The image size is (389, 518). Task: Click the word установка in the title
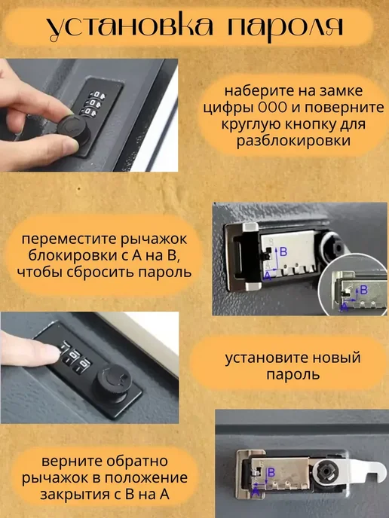pyautogui.click(x=130, y=27)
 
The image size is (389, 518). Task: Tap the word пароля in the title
pyautogui.click(x=285, y=27)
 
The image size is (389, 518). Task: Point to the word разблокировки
pyautogui.click(x=293, y=141)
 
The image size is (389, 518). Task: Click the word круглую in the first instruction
pyautogui.click(x=250, y=124)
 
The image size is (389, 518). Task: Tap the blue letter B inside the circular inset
pyautogui.click(x=364, y=290)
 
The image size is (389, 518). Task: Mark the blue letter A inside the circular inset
pyautogui.click(x=345, y=307)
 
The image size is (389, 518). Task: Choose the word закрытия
pyautogui.click(x=77, y=494)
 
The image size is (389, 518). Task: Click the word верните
pyautogui.click(x=69, y=462)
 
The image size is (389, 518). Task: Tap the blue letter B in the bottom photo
pyautogui.click(x=271, y=472)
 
